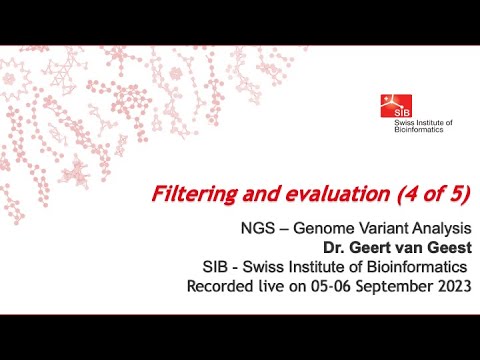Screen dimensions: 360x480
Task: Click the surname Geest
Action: coord(445,248)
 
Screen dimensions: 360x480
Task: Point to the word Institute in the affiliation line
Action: coord(312,267)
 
